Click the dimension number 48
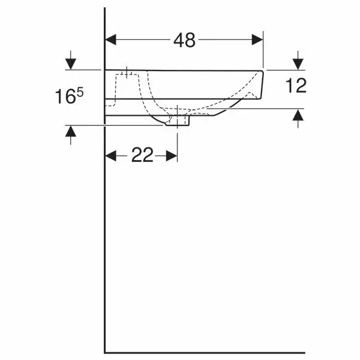184,40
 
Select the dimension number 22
142,155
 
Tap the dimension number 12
296,85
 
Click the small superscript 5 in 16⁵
80,93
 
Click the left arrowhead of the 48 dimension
110,40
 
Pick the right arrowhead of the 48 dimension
257,40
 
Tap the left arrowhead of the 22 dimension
110,156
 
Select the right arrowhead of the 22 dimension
172,156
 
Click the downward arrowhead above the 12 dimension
298,64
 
